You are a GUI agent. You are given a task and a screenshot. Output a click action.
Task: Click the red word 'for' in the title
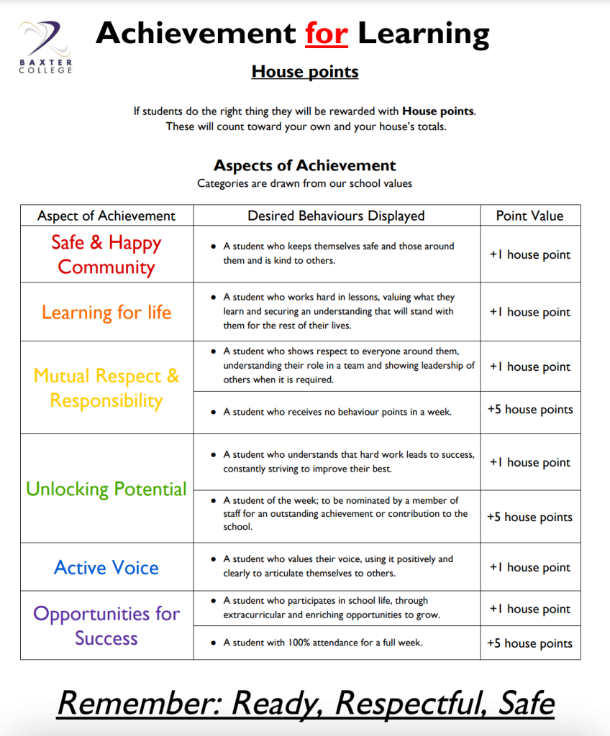tap(326, 33)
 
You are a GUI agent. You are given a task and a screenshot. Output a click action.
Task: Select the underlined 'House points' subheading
tap(305, 71)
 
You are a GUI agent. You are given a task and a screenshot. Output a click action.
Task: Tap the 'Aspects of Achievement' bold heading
tap(305, 166)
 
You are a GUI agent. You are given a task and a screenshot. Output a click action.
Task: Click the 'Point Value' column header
tap(530, 216)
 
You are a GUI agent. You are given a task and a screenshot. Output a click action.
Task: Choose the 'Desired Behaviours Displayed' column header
tap(336, 216)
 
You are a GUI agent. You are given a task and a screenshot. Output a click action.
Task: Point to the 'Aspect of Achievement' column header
tap(106, 216)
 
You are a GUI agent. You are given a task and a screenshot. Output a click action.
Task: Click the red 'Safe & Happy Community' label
tap(106, 254)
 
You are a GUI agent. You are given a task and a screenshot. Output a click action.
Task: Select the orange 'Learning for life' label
tap(106, 312)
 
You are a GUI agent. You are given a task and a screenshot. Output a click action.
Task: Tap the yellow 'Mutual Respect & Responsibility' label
tap(106, 388)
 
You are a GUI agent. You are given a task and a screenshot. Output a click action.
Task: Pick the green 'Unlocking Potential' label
tap(106, 489)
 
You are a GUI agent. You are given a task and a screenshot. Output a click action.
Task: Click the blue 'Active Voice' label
tap(106, 567)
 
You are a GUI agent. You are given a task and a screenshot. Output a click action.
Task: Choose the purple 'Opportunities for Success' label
tap(106, 625)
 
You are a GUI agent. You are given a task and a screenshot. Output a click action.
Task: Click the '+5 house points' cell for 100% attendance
tap(530, 643)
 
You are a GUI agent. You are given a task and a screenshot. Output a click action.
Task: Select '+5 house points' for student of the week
tap(530, 517)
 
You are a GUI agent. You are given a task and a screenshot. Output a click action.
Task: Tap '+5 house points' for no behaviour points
tap(530, 409)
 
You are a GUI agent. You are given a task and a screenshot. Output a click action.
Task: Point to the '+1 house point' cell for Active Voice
tap(530, 567)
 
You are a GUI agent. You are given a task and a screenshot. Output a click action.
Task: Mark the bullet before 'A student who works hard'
tap(214, 297)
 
